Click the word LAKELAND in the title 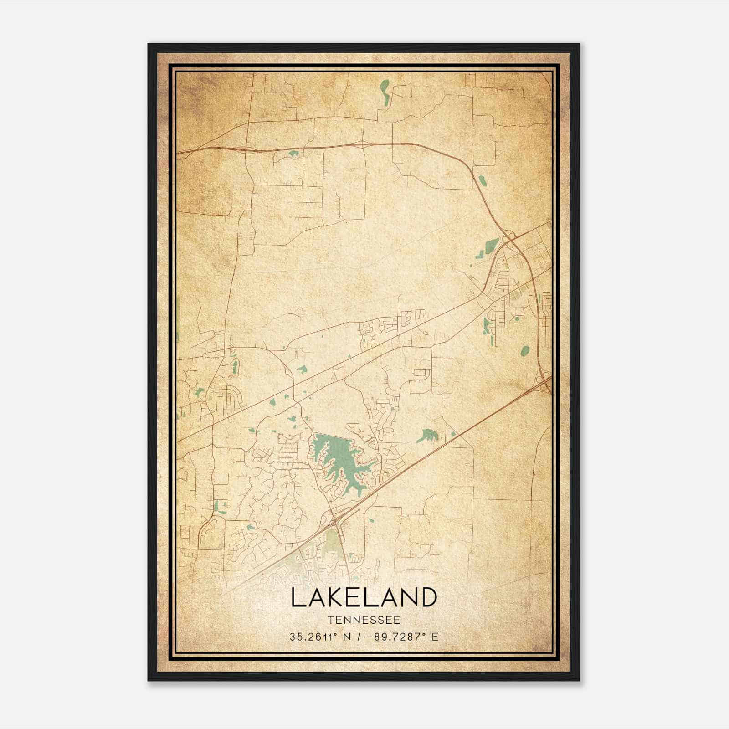pos(364,598)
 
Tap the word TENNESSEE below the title pos(364,620)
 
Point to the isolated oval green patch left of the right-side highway pos(525,350)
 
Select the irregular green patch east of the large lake pos(427,436)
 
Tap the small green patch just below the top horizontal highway pos(293,154)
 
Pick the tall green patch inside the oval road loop pos(235,366)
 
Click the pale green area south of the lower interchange pos(335,544)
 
